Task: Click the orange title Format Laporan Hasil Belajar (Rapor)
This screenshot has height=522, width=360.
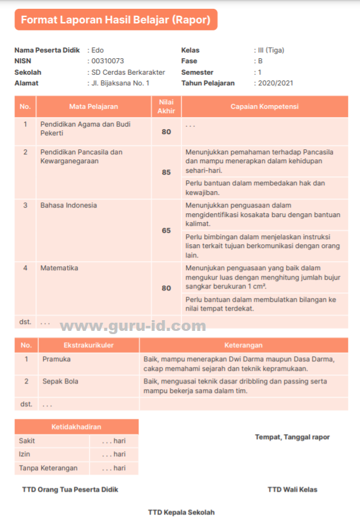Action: point(116,20)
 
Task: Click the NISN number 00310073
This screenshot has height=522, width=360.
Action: point(108,61)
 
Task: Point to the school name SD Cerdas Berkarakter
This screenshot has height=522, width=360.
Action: point(128,72)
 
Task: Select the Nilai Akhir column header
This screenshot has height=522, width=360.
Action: point(166,107)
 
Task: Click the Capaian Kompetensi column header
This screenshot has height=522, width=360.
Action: point(264,107)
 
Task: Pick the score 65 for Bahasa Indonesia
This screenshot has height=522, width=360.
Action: point(166,230)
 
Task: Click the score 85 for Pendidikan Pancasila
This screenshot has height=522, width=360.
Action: point(166,172)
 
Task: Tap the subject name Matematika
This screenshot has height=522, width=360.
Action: point(59,268)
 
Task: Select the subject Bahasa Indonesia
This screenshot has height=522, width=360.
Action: point(69,206)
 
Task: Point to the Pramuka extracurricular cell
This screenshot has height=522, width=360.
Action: point(56,359)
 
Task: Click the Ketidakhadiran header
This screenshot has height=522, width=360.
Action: point(76,427)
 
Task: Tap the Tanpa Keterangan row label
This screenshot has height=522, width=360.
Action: point(48,468)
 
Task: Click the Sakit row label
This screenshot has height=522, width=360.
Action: point(27,440)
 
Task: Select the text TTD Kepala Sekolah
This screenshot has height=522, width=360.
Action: point(181,512)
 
